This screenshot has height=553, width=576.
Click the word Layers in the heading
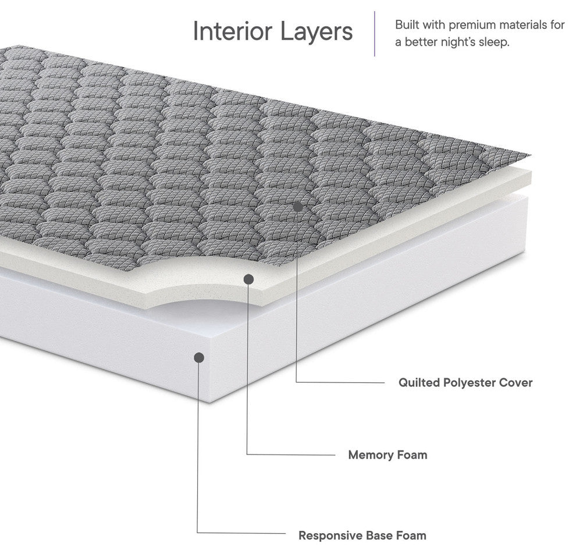[x=317, y=31]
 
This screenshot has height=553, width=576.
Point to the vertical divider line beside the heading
[x=375, y=34]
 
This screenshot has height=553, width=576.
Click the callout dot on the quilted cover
[x=297, y=207]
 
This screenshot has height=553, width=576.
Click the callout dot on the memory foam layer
[x=248, y=279]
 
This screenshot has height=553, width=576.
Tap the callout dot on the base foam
[x=199, y=357]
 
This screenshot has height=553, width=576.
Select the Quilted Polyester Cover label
[x=465, y=382]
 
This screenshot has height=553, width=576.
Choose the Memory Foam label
[x=387, y=455]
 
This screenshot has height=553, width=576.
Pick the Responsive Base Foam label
[x=362, y=535]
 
